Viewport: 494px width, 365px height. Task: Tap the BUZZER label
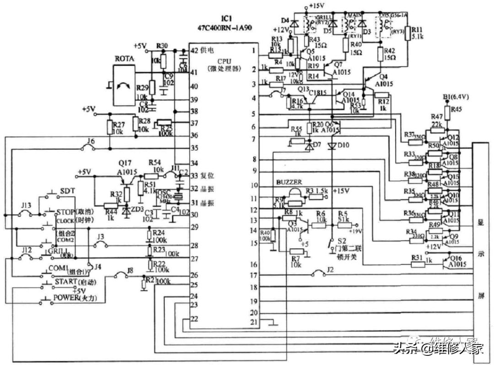pos(289,182)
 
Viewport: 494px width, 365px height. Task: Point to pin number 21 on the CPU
pos(253,323)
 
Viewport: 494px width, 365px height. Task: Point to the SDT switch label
pos(67,191)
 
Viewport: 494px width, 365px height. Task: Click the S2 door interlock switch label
pos(341,242)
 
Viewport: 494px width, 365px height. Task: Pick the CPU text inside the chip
pos(224,61)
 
